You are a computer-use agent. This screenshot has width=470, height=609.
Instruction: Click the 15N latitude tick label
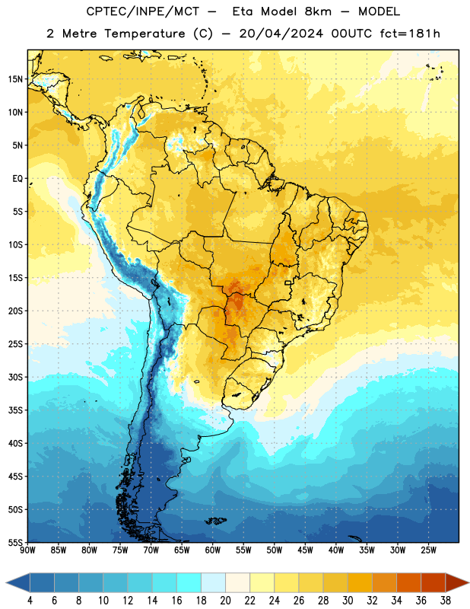(x=15, y=79)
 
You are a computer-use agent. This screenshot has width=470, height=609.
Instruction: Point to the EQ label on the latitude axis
(x=17, y=179)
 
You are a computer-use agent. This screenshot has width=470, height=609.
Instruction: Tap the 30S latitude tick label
(x=15, y=377)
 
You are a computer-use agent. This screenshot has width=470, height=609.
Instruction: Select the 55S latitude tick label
(x=15, y=542)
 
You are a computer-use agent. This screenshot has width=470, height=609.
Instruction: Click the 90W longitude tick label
(x=27, y=550)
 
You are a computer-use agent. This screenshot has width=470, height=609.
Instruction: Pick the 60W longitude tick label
(x=213, y=550)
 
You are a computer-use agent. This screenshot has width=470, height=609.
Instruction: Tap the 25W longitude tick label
(x=428, y=550)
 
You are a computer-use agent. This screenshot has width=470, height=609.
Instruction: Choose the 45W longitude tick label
(x=305, y=550)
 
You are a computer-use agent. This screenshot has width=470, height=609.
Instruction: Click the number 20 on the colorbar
(x=225, y=601)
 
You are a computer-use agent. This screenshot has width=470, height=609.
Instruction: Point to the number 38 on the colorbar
(x=446, y=601)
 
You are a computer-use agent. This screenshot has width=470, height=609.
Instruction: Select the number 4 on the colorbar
(x=30, y=601)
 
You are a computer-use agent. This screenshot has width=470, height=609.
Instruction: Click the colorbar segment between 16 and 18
(x=189, y=582)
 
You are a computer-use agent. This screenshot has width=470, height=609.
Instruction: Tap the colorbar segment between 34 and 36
(x=408, y=582)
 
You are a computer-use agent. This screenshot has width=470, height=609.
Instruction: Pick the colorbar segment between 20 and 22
(x=237, y=582)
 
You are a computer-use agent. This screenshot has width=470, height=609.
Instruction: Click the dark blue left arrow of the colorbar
(x=17, y=582)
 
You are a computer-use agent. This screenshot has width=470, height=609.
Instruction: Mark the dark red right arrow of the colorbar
(x=457, y=582)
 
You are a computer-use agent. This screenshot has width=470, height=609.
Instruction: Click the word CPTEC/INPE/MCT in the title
(x=143, y=11)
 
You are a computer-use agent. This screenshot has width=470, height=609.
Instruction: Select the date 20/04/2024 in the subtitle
(x=281, y=33)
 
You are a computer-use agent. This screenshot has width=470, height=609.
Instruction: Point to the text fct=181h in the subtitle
(x=410, y=33)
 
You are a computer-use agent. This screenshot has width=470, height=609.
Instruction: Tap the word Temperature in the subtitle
(x=144, y=34)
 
